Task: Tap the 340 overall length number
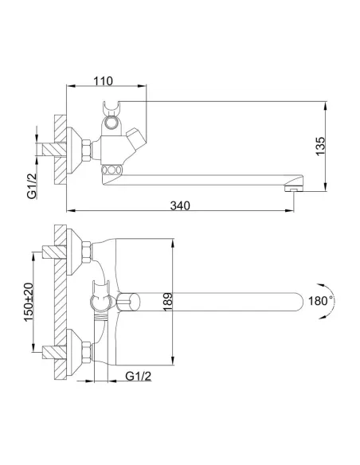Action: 180,205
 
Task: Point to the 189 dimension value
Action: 165,302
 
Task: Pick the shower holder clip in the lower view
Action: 100,302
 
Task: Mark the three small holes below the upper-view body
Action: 112,169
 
